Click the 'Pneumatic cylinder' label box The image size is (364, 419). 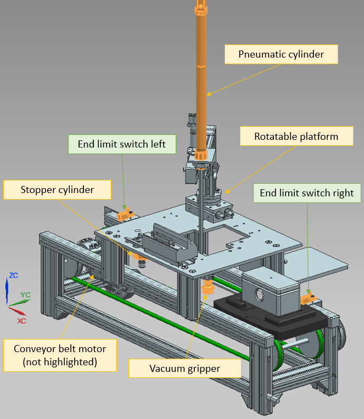pyautogui.click(x=281, y=54)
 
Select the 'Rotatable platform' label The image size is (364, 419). pyautogui.click(x=296, y=136)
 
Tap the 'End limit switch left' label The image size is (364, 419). pyautogui.click(x=121, y=144)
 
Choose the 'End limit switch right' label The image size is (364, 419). pyautogui.click(x=307, y=193)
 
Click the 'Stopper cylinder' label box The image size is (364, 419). pyautogui.click(x=57, y=190)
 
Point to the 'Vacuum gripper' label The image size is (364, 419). pyautogui.click(x=185, y=368)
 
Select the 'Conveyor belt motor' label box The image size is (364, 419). pyautogui.click(x=60, y=354)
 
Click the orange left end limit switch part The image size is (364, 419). pyautogui.click(x=126, y=213)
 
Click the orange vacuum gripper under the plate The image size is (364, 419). pyautogui.click(x=208, y=287)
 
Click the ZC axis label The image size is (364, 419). pyautogui.click(x=14, y=275)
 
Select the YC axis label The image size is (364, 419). pyautogui.click(x=25, y=295)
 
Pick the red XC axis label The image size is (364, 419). pyautogui.click(x=21, y=321)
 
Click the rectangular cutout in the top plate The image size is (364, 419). pyautogui.click(x=231, y=237)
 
